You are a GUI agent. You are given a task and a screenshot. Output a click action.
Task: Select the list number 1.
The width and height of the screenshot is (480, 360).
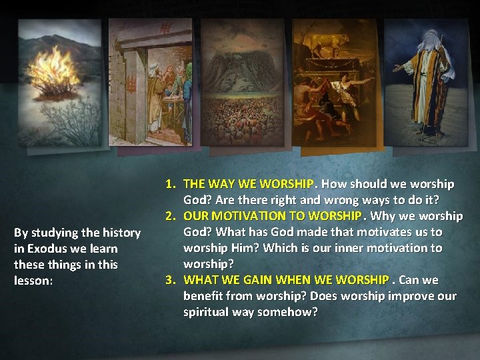171,183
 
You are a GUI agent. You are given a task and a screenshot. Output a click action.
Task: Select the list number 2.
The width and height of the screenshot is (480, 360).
171,216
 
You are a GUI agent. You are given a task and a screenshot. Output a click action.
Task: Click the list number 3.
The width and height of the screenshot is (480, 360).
171,279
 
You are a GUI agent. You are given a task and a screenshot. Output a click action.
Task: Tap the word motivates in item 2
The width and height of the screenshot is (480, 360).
373,232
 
